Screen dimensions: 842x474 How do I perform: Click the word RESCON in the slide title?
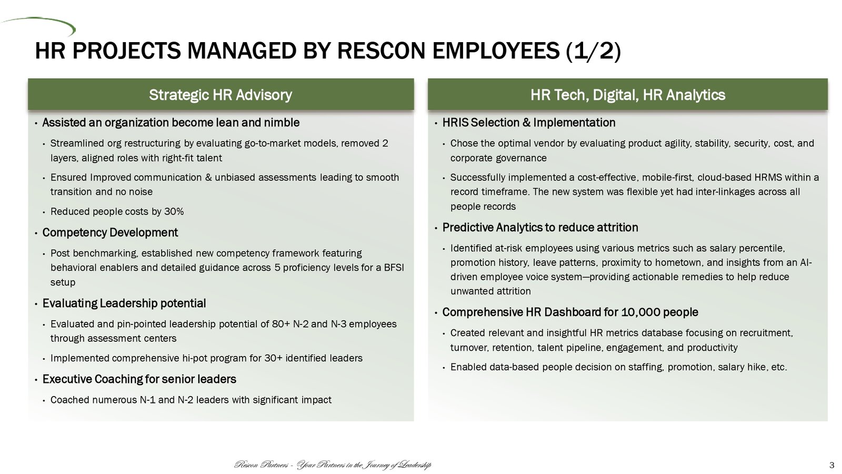(382, 51)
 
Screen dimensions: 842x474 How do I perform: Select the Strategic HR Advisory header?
(220, 95)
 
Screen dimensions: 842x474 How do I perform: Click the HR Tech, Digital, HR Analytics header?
(628, 95)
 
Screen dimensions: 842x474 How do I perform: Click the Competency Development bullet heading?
(110, 232)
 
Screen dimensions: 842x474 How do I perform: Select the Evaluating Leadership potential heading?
(124, 303)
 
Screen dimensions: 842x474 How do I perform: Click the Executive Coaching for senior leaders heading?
(139, 379)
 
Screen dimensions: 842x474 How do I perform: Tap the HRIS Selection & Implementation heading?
(529, 123)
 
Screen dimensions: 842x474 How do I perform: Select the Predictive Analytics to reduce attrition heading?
(540, 227)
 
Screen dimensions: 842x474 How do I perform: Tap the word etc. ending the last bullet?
(779, 367)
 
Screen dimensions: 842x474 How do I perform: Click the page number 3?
(832, 466)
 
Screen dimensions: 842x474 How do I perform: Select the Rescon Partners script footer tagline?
(333, 466)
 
